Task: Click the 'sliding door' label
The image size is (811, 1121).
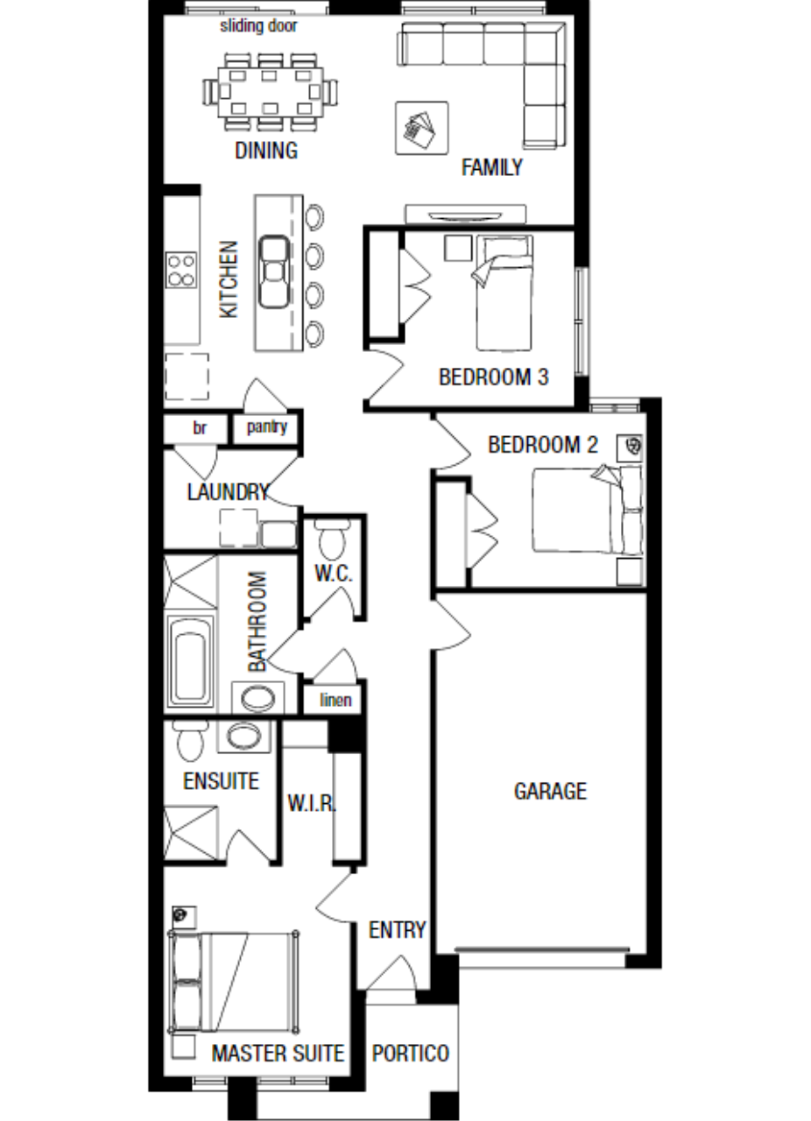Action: pyautogui.click(x=258, y=25)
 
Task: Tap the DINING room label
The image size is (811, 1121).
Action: pyautogui.click(x=266, y=150)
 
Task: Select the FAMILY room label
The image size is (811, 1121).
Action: pyautogui.click(x=491, y=167)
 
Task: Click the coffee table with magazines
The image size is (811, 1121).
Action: pyautogui.click(x=421, y=128)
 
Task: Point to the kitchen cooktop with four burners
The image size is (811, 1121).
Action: pyautogui.click(x=181, y=270)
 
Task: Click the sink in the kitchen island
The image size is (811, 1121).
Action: pyautogui.click(x=273, y=271)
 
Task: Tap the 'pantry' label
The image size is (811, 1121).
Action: pyautogui.click(x=267, y=427)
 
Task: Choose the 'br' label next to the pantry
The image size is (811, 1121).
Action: pyautogui.click(x=199, y=428)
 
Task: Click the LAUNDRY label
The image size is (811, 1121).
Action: pyautogui.click(x=228, y=492)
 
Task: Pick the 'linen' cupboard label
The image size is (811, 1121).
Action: pyautogui.click(x=335, y=699)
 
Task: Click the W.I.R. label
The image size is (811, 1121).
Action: pyautogui.click(x=312, y=803)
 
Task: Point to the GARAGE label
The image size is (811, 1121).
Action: pyautogui.click(x=550, y=791)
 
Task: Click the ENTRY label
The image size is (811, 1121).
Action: pyautogui.click(x=397, y=930)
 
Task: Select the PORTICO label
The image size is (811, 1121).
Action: pyautogui.click(x=411, y=1053)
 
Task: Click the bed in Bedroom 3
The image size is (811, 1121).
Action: pyautogui.click(x=503, y=293)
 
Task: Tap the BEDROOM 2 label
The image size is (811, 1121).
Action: pyautogui.click(x=543, y=444)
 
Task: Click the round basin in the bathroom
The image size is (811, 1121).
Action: pyautogui.click(x=257, y=698)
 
